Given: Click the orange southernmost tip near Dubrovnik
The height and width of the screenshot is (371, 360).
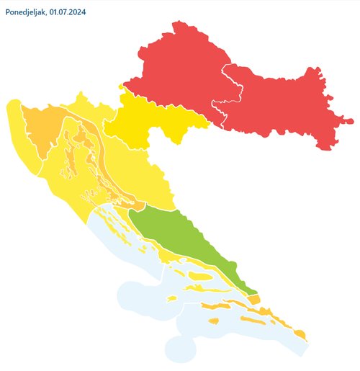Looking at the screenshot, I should point(300,334).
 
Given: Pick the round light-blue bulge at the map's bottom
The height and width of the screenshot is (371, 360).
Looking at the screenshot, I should point(180,349).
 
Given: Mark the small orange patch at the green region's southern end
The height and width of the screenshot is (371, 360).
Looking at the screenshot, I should point(253,298).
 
